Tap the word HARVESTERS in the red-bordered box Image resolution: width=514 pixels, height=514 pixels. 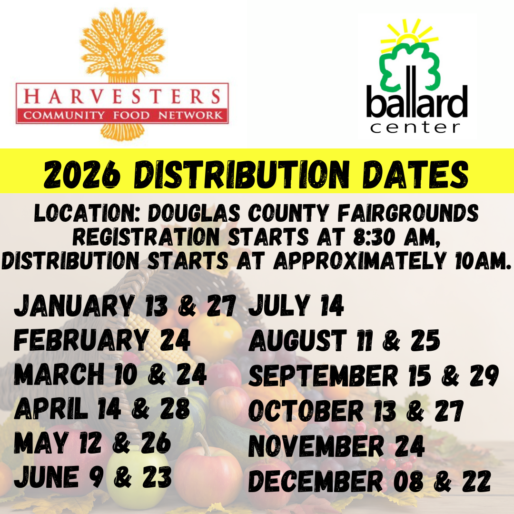tap(122, 97)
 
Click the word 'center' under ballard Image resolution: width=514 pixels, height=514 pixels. tap(415, 127)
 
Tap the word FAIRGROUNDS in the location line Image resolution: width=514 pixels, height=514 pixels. tap(408, 213)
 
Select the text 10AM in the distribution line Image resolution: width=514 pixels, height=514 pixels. tap(483, 261)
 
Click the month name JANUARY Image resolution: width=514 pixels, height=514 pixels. tap(74, 306)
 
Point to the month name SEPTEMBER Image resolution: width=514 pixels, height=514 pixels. tap(323, 376)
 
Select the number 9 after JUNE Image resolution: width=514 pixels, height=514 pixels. tap(97, 477)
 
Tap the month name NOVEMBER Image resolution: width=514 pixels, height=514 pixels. tap(316, 446)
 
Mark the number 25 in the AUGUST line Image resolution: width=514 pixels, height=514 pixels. tap(425, 340)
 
